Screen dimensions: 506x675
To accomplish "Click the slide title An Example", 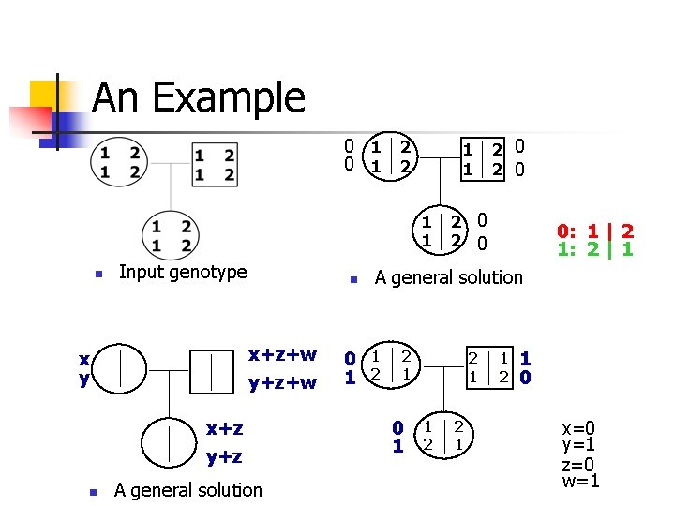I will click(x=199, y=97).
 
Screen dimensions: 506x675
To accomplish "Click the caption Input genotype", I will click(x=183, y=273).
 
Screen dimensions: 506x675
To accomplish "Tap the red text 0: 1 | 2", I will click(x=595, y=231).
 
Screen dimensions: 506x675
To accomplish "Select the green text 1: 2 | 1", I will click(x=595, y=250).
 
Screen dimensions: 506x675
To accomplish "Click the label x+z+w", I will click(x=282, y=355).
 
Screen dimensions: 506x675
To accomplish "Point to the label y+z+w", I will click(x=282, y=382).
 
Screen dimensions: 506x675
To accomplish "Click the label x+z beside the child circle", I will click(x=224, y=428).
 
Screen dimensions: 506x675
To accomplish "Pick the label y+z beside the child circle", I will click(x=224, y=456).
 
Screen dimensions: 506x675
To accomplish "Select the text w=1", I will click(x=580, y=482).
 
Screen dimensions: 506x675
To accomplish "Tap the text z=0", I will click(x=579, y=464).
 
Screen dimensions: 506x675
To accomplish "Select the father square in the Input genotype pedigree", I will click(x=215, y=164).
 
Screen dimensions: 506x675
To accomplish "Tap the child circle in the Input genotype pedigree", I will click(x=170, y=235).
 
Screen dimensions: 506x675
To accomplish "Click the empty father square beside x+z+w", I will click(x=215, y=369).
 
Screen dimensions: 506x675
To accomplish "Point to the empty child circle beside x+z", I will click(x=169, y=440).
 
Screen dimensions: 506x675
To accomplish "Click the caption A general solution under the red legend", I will click(x=448, y=277).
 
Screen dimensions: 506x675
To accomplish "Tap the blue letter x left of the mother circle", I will click(x=84, y=360).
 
